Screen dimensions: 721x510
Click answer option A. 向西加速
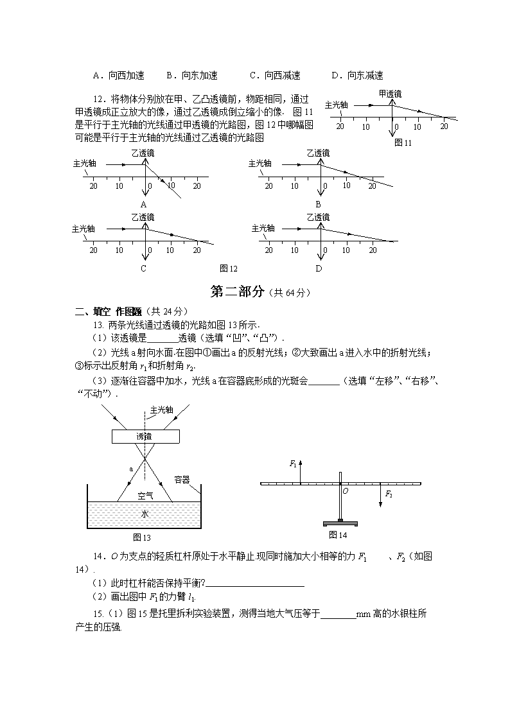point(119,75)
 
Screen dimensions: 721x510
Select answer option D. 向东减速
point(357,75)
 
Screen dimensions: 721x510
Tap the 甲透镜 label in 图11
point(390,94)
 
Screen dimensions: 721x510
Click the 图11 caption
point(403,143)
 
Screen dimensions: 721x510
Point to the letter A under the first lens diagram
point(143,204)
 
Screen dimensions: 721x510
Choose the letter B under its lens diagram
point(317,204)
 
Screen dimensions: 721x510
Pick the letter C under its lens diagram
point(143,268)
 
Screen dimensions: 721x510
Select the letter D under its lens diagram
point(318,268)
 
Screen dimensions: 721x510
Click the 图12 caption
point(229,268)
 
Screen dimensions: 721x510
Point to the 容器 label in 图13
point(182,479)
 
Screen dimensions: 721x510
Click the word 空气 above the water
point(145,495)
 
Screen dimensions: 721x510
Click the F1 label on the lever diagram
point(293,463)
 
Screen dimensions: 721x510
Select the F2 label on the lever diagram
point(388,494)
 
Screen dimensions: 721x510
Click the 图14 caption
point(338,535)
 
